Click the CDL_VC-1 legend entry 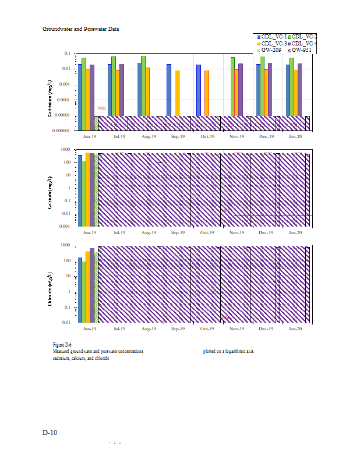click(272, 37)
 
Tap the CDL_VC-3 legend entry click(272, 44)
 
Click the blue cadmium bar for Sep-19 click(169, 90)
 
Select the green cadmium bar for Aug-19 click(143, 86)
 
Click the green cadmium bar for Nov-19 click(232, 86)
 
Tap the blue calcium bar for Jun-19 click(80, 190)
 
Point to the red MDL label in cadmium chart click(102, 108)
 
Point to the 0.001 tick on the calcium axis click(66, 225)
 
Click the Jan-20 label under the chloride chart click(295, 329)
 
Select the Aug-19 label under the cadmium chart click(149, 136)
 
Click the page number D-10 click(50, 433)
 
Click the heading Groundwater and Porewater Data click(81, 29)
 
